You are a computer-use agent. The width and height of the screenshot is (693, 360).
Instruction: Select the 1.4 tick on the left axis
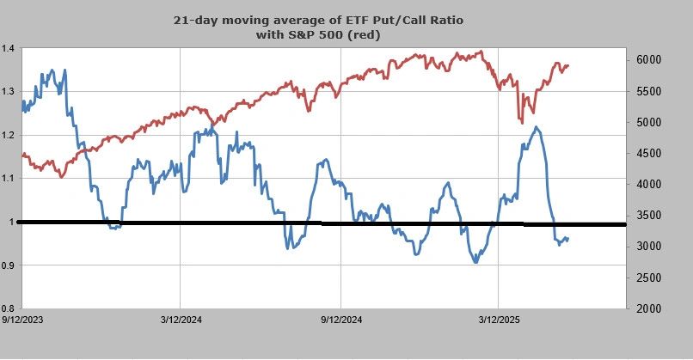click(x=8, y=48)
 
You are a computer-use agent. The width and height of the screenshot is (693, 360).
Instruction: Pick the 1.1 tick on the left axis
click(x=8, y=178)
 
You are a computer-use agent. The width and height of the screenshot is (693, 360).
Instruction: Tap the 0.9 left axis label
click(x=8, y=265)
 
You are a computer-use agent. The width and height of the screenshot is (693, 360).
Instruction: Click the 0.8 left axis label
click(x=8, y=308)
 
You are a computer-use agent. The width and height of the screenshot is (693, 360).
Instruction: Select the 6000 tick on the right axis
click(x=648, y=60)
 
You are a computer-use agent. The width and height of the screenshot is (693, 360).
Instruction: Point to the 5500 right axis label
click(x=648, y=91)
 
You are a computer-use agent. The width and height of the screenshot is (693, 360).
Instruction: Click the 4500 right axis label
click(x=648, y=154)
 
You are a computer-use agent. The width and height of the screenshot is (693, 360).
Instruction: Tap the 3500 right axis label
click(x=648, y=216)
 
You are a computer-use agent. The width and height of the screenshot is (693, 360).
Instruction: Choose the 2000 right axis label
click(x=648, y=308)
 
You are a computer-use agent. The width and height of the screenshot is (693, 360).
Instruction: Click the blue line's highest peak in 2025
click(x=536, y=128)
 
